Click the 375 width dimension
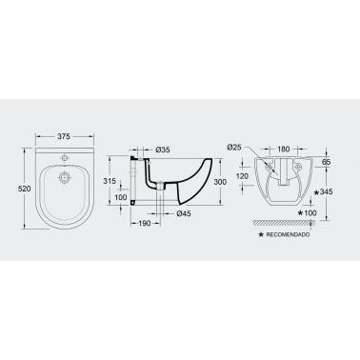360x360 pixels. point(64,136)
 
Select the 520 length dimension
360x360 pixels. point(24,189)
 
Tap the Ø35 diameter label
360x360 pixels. point(163,150)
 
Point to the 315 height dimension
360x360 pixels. point(110,181)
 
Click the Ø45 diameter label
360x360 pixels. point(184,213)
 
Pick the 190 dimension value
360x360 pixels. point(145,224)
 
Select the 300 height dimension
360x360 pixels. point(220,182)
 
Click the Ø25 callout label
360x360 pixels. point(234,147)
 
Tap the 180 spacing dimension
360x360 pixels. point(284,149)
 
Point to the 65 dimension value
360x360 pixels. point(327,162)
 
